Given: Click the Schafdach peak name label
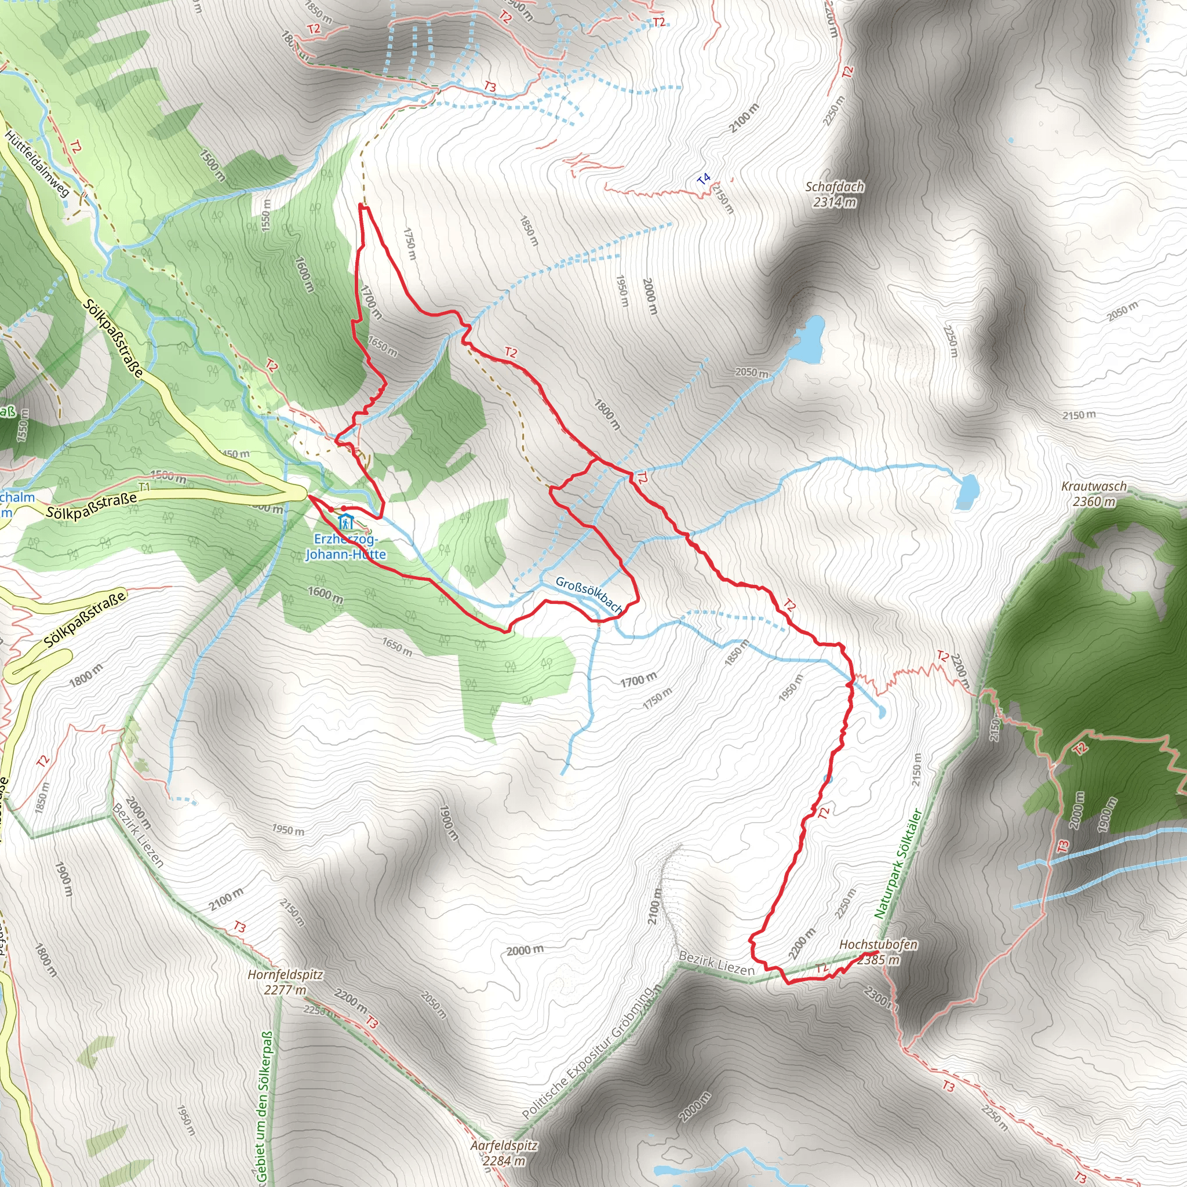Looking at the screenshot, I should click(835, 186).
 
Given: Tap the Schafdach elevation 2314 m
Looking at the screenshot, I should click(835, 202).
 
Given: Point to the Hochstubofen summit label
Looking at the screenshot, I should click(878, 944).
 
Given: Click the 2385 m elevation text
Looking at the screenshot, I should click(878, 960).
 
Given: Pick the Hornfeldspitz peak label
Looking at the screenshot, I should click(285, 974).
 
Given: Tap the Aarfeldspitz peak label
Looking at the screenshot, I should click(504, 1146).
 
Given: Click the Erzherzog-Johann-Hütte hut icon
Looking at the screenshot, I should click(346, 522).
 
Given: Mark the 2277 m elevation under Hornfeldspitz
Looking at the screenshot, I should click(285, 990).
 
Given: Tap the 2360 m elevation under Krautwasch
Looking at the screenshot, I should click(1094, 501).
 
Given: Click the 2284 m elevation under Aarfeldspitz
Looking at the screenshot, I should click(504, 1161).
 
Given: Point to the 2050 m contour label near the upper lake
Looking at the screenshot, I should click(751, 372).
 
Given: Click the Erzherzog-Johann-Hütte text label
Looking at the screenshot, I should click(346, 547).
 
